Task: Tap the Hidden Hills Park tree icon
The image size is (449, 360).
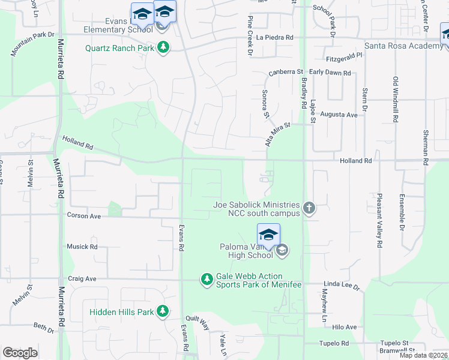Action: pos(162,311)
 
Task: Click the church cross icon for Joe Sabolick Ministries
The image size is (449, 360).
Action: pos(309,208)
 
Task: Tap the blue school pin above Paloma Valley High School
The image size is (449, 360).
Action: pos(268,235)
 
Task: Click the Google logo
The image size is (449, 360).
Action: pos(20,353)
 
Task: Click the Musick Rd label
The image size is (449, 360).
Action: pos(82,247)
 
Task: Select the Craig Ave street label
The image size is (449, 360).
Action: pos(82,278)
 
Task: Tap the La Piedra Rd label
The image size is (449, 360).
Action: pos(274,37)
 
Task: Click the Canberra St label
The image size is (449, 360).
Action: pos(286,71)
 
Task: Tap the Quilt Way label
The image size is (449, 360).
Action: pos(197,323)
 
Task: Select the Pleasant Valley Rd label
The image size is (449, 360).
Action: pos(379,220)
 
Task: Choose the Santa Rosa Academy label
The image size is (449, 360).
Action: pos(399,46)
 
